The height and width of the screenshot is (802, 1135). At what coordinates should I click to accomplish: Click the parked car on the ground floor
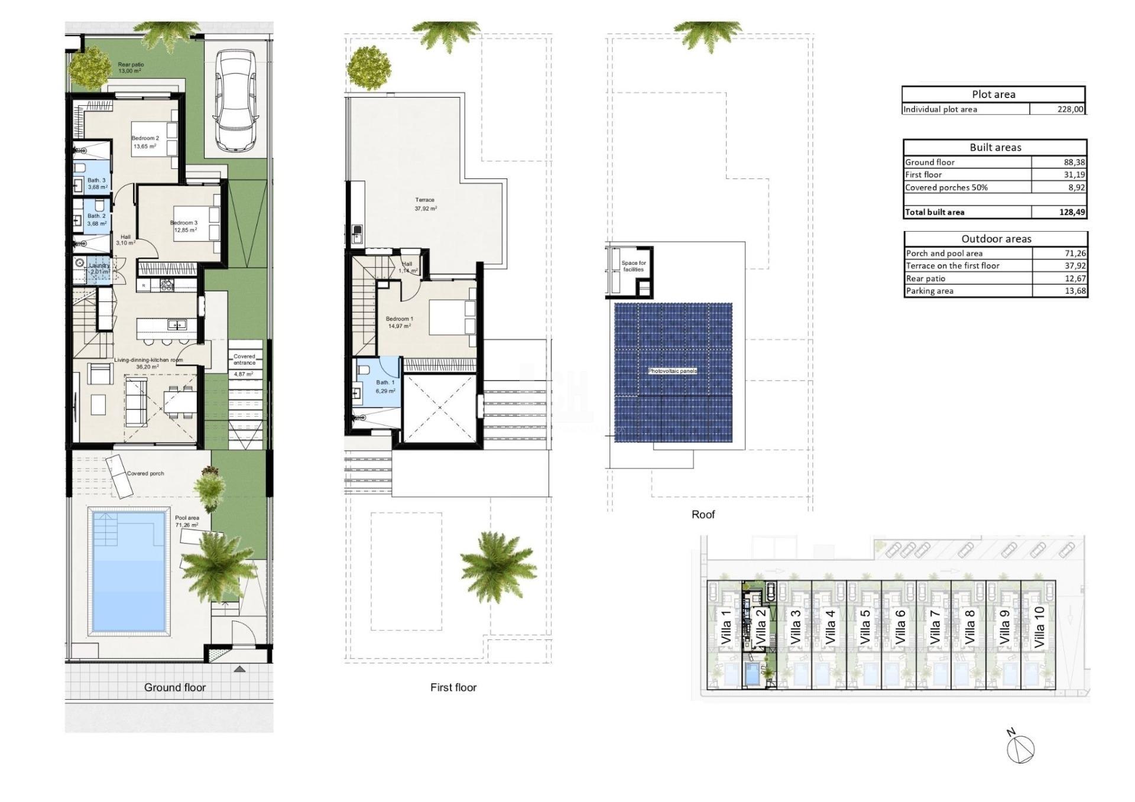pos(236,100)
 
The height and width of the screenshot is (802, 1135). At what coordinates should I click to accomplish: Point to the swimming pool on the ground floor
pos(128,572)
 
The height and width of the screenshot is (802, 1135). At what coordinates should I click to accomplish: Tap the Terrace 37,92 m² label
pos(425,204)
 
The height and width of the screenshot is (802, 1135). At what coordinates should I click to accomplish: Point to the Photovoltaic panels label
pos(672,371)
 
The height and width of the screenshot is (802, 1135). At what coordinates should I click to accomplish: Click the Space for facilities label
pos(633,266)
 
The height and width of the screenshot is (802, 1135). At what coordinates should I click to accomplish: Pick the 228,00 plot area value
pos(1070,109)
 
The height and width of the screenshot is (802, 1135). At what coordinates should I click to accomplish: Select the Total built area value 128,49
pos(1072,212)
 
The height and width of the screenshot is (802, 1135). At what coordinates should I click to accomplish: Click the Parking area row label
pos(929,291)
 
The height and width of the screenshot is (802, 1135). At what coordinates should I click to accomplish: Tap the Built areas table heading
pos(995,147)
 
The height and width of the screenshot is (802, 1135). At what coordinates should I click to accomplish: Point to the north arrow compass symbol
pos(1021,748)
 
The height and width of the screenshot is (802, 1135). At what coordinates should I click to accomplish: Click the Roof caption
pos(703,515)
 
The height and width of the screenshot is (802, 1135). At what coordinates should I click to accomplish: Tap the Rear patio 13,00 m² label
pos(131,67)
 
